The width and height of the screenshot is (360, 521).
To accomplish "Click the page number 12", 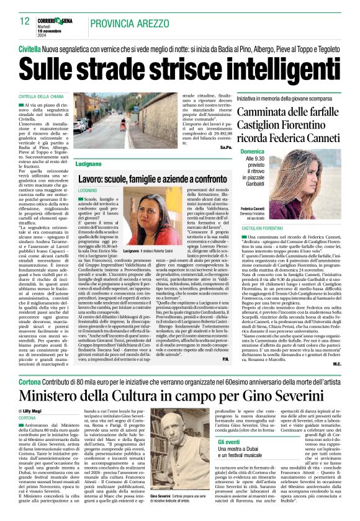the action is tap(25, 21).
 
